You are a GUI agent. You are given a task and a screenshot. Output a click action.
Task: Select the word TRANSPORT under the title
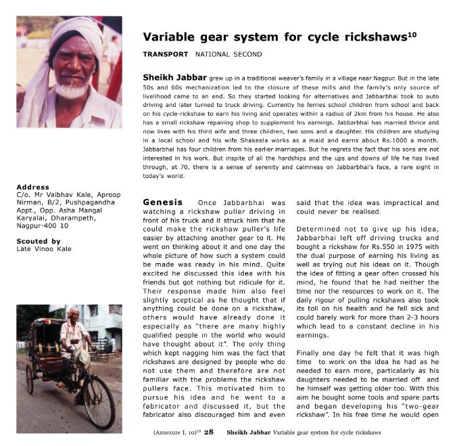pyautogui.click(x=166, y=54)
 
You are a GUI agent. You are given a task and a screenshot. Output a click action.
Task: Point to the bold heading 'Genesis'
pyautogui.click(x=163, y=202)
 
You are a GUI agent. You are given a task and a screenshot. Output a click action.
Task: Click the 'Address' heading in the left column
pyautogui.click(x=32, y=187)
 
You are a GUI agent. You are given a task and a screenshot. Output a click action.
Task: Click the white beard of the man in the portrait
pyautogui.click(x=72, y=91)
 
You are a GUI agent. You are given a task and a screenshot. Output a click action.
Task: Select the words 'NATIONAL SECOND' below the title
pyautogui.click(x=228, y=54)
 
